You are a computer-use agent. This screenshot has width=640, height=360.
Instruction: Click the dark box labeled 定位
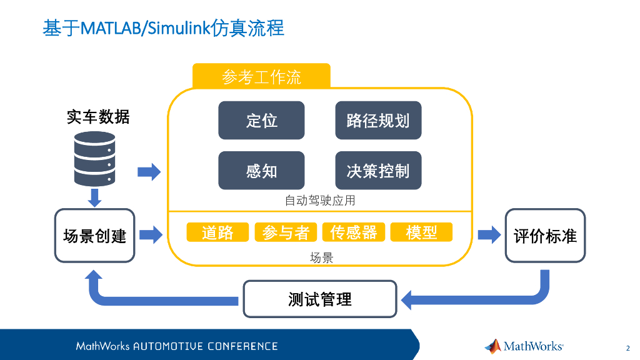click(x=261, y=121)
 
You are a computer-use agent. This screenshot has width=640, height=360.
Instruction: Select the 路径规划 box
click(x=378, y=121)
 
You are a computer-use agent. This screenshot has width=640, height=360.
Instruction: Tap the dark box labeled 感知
click(x=261, y=171)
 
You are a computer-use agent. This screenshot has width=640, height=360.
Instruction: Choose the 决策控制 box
click(x=378, y=171)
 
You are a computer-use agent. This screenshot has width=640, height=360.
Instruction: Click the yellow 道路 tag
click(x=217, y=232)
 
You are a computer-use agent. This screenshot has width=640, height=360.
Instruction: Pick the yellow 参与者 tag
click(x=286, y=232)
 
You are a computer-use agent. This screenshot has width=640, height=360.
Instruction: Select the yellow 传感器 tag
click(x=354, y=232)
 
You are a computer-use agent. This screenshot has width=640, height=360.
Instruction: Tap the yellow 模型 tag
click(x=422, y=232)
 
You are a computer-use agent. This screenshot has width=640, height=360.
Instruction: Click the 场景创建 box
click(x=95, y=236)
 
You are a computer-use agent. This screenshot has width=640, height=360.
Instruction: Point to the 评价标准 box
click(x=545, y=236)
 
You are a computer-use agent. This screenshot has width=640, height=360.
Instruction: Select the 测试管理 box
click(x=320, y=299)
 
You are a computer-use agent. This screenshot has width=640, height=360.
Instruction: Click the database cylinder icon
click(x=95, y=159)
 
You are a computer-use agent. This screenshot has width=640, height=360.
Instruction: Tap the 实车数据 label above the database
click(x=98, y=117)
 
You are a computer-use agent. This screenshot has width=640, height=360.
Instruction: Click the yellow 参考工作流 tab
click(x=261, y=76)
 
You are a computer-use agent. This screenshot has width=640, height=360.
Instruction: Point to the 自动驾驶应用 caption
click(x=320, y=201)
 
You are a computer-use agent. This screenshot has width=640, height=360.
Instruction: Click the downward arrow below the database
click(x=95, y=197)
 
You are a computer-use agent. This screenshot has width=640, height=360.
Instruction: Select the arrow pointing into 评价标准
click(x=489, y=235)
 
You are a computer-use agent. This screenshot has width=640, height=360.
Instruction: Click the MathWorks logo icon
click(x=493, y=346)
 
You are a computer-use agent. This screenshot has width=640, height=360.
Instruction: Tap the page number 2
click(x=627, y=348)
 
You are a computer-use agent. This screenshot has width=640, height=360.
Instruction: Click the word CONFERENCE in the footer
click(x=242, y=346)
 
